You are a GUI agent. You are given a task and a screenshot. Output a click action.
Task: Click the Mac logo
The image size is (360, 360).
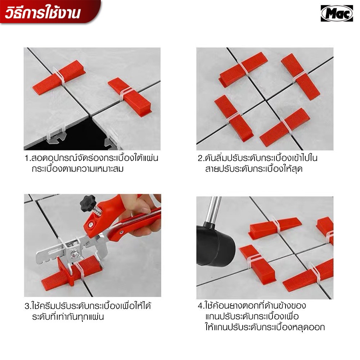point(337,13)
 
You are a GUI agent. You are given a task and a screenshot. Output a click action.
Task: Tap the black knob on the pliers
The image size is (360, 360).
point(87,202)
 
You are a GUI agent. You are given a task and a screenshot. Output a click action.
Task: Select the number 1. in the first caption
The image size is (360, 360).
point(28,158)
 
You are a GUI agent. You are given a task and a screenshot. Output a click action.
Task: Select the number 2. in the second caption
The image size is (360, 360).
point(201,158)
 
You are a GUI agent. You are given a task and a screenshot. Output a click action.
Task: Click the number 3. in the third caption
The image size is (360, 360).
point(28,306)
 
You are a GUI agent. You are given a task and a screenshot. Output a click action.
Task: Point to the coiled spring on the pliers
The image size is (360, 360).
point(98,210)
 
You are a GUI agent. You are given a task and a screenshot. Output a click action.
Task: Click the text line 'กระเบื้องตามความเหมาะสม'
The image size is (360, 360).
point(78,169)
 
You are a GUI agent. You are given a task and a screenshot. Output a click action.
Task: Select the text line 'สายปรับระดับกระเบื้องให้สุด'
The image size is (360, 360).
point(254,169)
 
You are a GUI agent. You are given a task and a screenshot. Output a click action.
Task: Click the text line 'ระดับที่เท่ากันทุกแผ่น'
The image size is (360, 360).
point(68,317)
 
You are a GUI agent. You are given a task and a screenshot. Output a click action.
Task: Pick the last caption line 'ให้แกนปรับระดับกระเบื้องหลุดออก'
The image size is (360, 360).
point(265,327)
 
